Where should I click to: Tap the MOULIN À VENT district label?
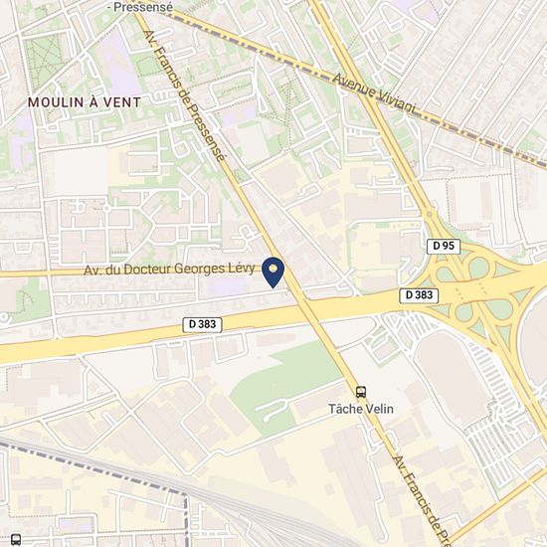point(85,102)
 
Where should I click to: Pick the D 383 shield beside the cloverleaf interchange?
point(421,295)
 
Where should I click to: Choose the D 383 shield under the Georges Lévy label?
point(202,324)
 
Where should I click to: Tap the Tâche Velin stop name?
point(360,409)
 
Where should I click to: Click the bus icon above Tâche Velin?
point(361,392)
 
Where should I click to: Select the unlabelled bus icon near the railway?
point(16,539)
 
